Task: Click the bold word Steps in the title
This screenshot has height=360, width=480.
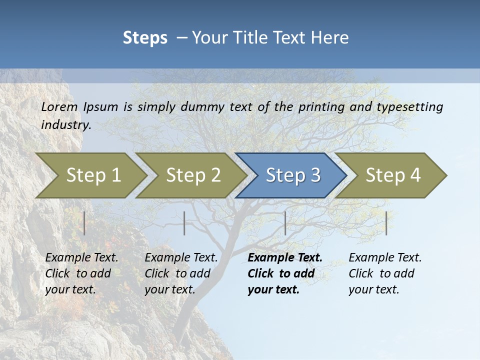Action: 145,37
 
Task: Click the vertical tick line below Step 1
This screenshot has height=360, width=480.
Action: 84,223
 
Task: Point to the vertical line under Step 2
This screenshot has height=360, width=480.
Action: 184,223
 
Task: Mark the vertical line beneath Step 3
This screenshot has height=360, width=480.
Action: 285,223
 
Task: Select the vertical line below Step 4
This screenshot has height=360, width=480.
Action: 386,223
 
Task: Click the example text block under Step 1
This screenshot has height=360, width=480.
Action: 81,273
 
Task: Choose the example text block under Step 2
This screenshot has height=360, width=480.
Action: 181,273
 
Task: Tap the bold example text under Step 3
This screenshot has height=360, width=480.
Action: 284,273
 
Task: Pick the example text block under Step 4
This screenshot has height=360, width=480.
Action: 385,273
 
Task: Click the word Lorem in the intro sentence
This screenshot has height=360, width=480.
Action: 59,106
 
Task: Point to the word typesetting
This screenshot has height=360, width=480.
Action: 409,107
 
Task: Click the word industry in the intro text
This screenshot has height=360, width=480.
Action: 65,124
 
